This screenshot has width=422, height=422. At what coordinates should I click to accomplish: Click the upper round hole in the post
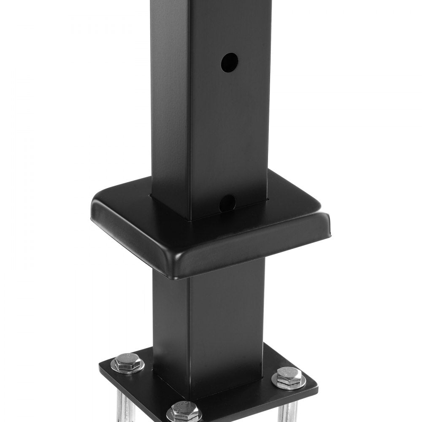pyautogui.click(x=229, y=62)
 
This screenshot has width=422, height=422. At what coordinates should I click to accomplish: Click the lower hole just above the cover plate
pyautogui.click(x=227, y=202)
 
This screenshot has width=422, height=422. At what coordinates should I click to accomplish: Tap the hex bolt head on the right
pyautogui.click(x=289, y=376)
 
